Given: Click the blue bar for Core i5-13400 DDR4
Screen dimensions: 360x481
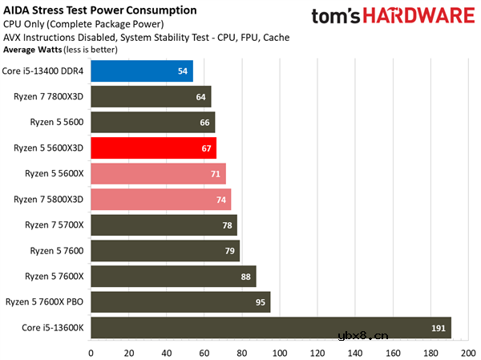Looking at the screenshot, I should coord(141,71).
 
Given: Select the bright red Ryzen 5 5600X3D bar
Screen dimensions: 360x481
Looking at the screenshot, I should coord(153,148).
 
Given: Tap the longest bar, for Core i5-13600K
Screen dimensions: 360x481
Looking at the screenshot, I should coord(270,328).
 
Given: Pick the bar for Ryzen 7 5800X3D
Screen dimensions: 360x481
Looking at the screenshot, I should coord(160,200).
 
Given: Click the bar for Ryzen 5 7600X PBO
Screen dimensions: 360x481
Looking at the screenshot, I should coord(180,302).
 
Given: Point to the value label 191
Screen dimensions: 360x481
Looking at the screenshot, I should coord(439,328).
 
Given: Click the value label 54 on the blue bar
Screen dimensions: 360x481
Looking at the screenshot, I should coord(183,71).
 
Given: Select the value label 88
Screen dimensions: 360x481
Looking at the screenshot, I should coord(246,277).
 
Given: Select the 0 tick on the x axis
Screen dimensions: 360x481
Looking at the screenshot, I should coord(91,352).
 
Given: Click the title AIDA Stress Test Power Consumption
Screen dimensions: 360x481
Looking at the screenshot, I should coord(99,10).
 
